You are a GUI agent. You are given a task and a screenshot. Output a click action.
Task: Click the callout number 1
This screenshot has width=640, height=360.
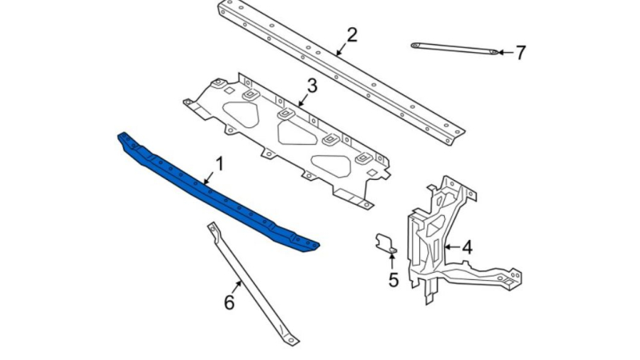[220, 164]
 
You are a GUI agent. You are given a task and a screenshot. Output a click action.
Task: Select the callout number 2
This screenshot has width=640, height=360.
[352, 35]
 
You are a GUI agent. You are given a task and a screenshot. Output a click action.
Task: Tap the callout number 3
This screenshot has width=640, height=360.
[312, 86]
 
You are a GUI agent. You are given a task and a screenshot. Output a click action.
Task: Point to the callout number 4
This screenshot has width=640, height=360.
[467, 247]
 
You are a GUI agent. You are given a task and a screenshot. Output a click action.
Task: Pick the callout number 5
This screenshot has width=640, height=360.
[393, 280]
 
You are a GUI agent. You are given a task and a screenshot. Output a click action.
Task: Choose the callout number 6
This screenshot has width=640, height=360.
[230, 302]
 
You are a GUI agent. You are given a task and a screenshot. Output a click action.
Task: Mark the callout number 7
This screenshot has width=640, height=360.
[521, 53]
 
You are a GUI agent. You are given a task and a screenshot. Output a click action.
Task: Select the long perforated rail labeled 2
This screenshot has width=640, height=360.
[341, 72]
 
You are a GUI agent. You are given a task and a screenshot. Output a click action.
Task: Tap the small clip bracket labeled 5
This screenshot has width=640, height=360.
[385, 242]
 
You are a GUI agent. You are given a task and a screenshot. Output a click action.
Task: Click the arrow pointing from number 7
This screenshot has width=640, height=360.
[506, 52]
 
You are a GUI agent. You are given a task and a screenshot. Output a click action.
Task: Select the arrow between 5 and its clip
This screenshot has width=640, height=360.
[392, 262]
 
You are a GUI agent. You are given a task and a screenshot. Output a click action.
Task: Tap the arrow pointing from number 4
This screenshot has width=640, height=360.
[452, 247]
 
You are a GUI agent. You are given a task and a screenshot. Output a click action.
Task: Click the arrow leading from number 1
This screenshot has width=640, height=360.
[209, 178]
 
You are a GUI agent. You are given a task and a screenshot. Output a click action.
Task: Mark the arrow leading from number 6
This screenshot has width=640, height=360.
[238, 286]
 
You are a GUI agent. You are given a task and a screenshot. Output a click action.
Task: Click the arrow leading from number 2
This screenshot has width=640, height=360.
[342, 49]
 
